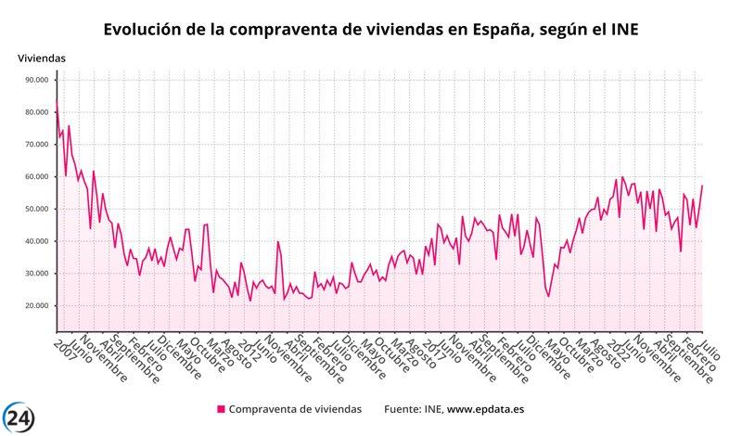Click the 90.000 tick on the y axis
click(x=34, y=80)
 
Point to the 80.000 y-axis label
click(x=34, y=112)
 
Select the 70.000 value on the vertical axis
click(x=34, y=145)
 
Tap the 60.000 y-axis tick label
click(x=34, y=176)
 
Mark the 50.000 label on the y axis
click(x=34, y=209)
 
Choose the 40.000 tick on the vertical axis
click(x=34, y=241)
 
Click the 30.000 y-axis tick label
click(x=34, y=274)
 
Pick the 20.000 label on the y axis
click(x=34, y=306)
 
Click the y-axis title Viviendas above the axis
click(x=42, y=58)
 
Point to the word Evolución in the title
click(x=143, y=31)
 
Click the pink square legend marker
click(x=221, y=409)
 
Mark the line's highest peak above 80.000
click(x=57, y=102)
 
